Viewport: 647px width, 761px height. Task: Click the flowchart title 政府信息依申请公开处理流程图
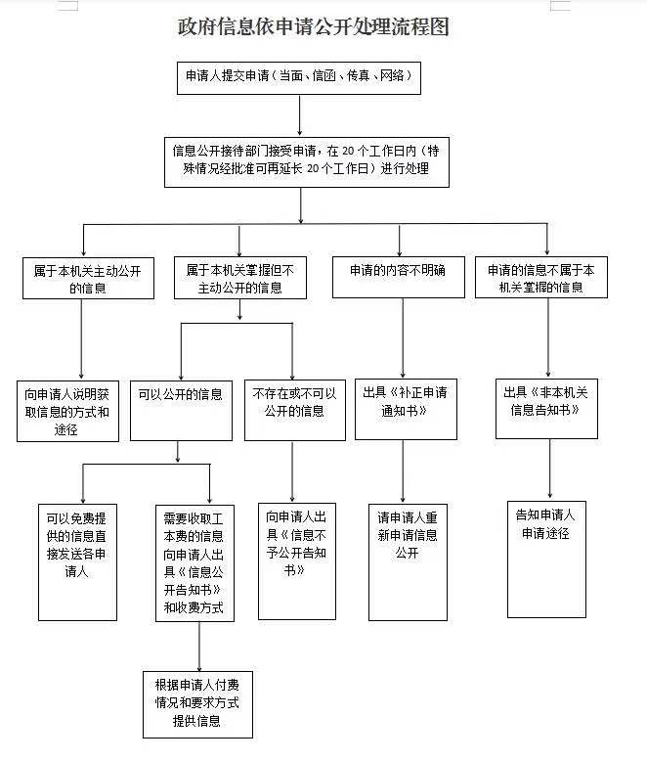pos(314,26)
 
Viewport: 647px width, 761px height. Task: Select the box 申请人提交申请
pos(299,78)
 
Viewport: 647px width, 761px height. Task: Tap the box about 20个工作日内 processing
pos(307,162)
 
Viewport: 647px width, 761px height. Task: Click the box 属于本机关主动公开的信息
pos(88,278)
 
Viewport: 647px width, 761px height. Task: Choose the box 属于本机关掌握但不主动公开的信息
pos(240,278)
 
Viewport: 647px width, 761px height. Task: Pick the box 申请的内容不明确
pos(398,277)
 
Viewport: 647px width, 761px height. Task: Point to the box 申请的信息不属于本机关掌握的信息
pos(541,277)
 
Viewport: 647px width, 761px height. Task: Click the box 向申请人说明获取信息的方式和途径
pos(67,411)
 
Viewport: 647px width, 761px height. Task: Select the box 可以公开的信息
pos(182,411)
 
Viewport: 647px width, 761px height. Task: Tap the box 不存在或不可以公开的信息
pos(295,410)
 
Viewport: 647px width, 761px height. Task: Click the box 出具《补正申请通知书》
pos(406,409)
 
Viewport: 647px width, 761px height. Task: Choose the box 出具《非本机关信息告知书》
pos(546,409)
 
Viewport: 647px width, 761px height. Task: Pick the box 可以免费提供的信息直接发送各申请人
pos(77,562)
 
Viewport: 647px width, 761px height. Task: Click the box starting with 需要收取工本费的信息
pos(194,563)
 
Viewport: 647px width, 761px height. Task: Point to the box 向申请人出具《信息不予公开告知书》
pos(297,561)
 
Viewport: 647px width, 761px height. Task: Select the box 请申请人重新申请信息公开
pos(408,562)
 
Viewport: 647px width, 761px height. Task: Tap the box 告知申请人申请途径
pos(546,560)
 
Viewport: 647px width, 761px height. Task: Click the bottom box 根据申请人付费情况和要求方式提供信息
pos(197,704)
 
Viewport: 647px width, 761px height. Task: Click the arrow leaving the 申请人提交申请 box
pos(300,115)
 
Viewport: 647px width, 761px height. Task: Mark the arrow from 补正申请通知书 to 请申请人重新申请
pos(403,471)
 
